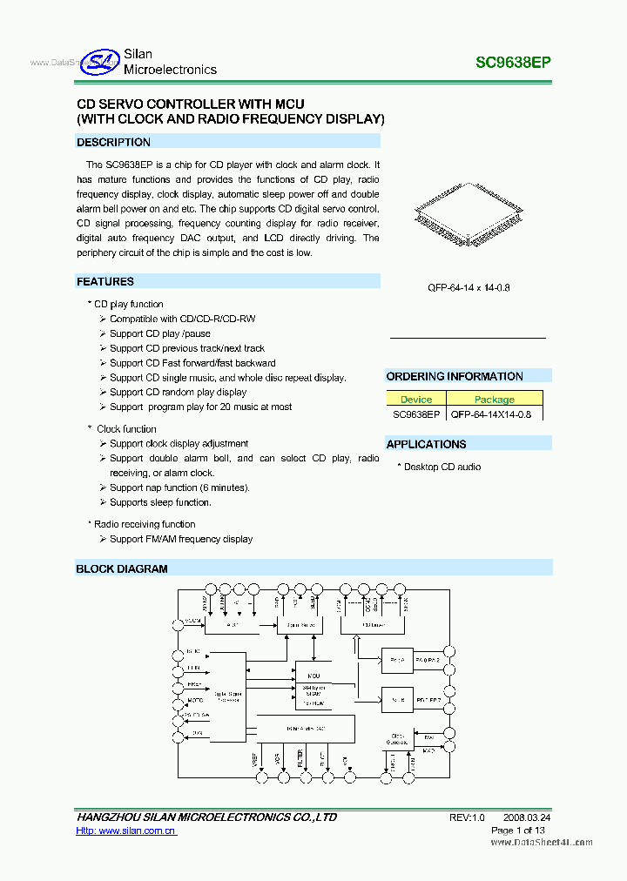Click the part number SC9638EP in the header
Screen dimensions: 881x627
[x=513, y=63]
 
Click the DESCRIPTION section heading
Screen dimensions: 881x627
[x=113, y=142]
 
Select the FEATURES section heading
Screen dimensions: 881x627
[x=105, y=281]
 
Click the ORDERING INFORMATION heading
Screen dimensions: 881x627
[x=455, y=376]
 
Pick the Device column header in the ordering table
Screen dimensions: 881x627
[x=416, y=400]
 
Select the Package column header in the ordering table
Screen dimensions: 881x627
[x=495, y=400]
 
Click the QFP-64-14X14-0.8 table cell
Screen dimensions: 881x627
[x=495, y=414]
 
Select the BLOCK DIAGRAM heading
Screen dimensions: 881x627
[x=122, y=568]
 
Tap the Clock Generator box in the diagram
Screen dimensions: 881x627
[x=398, y=738]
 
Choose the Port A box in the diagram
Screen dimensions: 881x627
[x=397, y=660]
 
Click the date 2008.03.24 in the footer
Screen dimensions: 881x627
[x=527, y=817]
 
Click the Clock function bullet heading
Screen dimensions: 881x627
[x=126, y=429]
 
